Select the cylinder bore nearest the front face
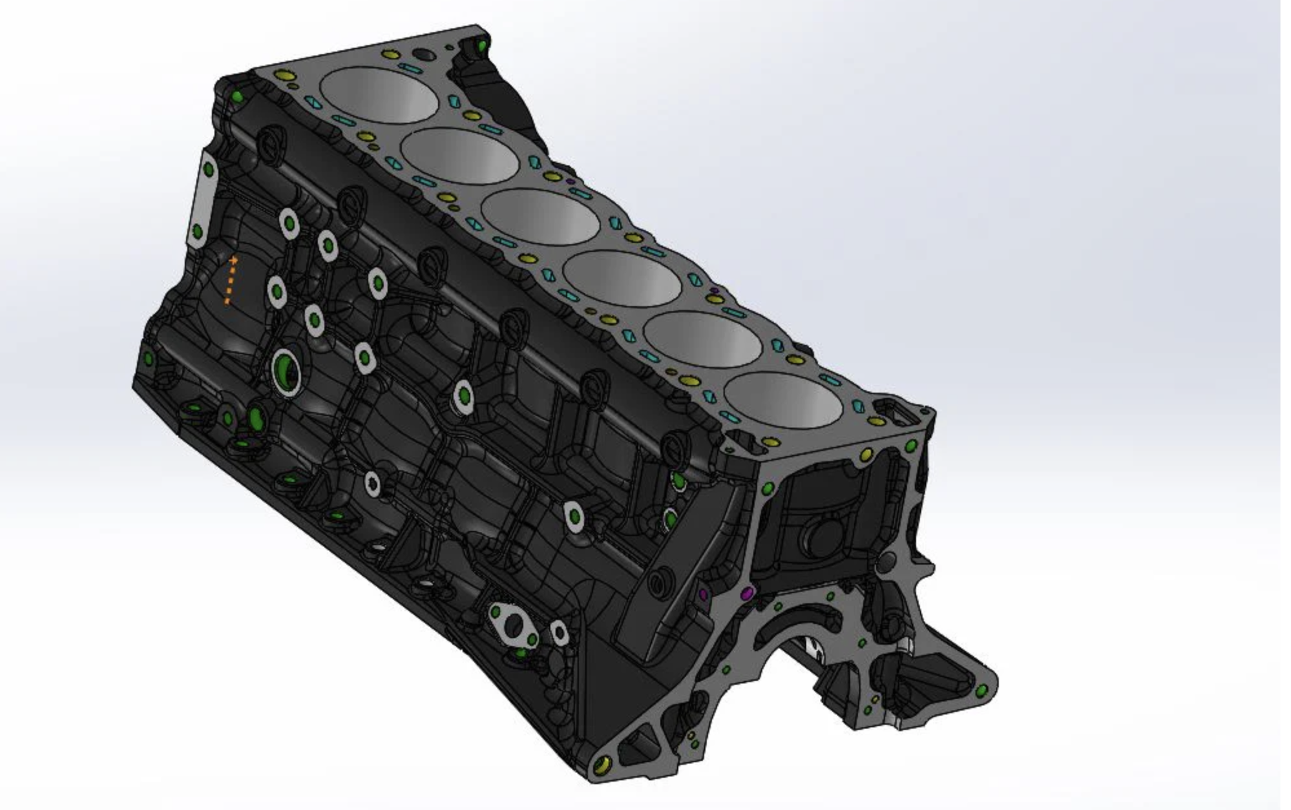[783, 401]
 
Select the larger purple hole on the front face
[748, 593]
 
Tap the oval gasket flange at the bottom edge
[514, 626]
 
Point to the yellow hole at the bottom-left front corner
[602, 765]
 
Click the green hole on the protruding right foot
[983, 691]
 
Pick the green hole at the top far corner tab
[481, 45]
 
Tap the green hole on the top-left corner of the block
[237, 97]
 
